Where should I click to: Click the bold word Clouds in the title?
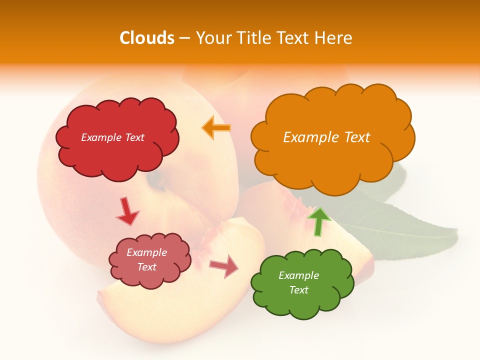pos(147,38)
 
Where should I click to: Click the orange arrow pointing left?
pos(216,127)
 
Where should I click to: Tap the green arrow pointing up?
pos(318,221)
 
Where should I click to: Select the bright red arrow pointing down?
pos(127,211)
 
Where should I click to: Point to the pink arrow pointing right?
pos(224,266)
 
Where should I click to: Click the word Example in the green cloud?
pos(298,275)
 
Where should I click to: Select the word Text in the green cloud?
pos(298,290)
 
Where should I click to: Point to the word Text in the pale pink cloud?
pos(147,267)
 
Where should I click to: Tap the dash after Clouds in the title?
pos(184,38)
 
